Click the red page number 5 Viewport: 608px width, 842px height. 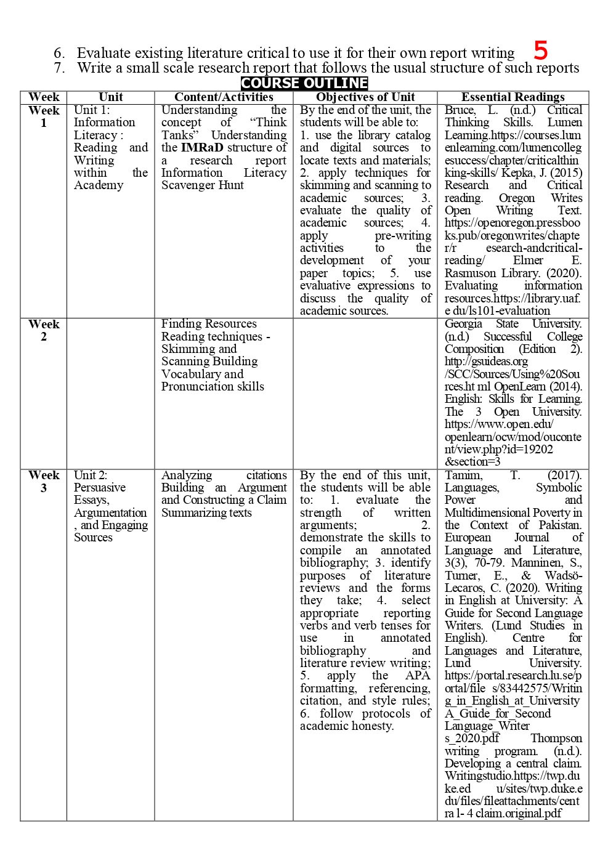540,50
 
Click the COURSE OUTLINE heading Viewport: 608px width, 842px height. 304,83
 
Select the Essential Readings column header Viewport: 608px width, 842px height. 513,97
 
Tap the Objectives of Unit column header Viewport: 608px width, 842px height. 365,97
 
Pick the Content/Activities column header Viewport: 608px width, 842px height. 224,97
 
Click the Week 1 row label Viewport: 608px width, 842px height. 44,116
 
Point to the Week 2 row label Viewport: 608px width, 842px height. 44,330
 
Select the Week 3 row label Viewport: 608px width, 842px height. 44,481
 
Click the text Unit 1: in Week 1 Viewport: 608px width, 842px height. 92,110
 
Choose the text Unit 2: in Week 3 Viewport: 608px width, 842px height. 91,475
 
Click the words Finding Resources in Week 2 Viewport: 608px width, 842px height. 209,323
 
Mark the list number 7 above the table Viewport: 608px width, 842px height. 60,68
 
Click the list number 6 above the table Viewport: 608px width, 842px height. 60,53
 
